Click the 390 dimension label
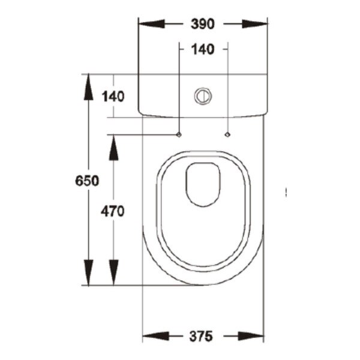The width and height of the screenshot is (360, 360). pyautogui.click(x=203, y=24)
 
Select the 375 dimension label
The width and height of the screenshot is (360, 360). pyautogui.click(x=201, y=336)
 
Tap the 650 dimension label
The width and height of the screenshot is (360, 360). pyautogui.click(x=87, y=181)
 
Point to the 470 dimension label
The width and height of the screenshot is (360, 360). pyautogui.click(x=113, y=211)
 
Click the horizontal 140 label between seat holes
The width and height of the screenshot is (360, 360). pyautogui.click(x=203, y=49)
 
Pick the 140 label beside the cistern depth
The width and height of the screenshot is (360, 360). pyautogui.click(x=113, y=97)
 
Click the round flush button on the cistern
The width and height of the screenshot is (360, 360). pyautogui.click(x=203, y=96)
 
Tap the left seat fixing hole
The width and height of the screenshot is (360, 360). pyautogui.click(x=179, y=135)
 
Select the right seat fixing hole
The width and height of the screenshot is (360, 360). pyautogui.click(x=227, y=134)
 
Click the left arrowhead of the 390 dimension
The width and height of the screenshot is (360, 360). pyautogui.click(x=152, y=24)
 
